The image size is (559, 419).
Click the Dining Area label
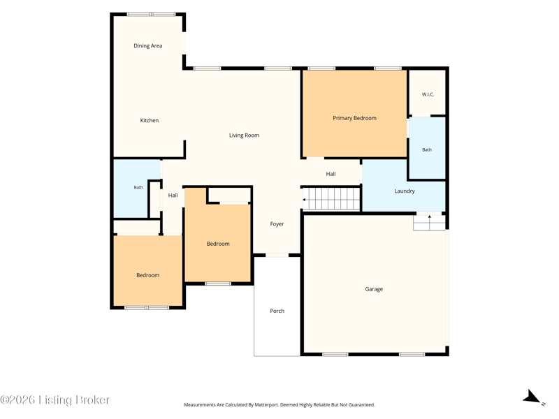(148, 45)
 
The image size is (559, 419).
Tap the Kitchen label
(150, 120)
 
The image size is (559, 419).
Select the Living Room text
(244, 135)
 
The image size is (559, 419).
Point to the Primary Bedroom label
(355, 118)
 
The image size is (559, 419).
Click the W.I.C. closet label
(428, 94)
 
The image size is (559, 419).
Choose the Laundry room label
(405, 191)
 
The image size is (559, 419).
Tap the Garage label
(374, 289)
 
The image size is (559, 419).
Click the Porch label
(277, 311)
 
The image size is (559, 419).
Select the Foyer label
(277, 223)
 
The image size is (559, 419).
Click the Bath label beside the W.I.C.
(427, 149)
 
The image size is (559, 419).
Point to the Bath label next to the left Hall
(138, 187)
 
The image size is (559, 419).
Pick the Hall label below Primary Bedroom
(331, 174)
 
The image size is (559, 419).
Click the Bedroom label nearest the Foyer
(218, 244)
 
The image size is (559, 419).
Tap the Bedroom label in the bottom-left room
(148, 275)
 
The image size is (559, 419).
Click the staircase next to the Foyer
(331, 199)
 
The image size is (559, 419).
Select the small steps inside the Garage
(429, 223)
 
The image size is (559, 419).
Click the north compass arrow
(533, 397)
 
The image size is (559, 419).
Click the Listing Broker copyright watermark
(55, 399)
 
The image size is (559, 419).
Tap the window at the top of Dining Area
(151, 14)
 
